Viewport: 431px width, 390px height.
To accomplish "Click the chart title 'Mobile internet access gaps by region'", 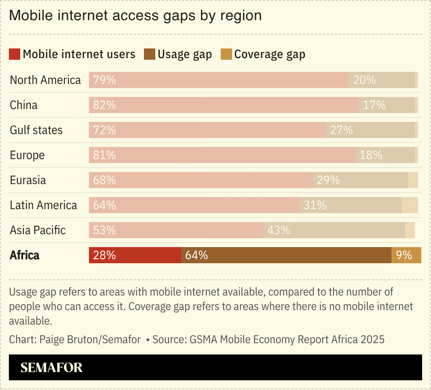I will [x=135, y=15].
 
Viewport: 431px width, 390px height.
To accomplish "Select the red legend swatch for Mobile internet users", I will [x=15, y=54].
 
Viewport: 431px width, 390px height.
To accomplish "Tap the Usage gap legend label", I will [x=184, y=54].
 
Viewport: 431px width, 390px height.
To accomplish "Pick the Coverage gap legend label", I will [x=270, y=54].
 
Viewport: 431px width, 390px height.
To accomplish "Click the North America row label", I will [x=45, y=80].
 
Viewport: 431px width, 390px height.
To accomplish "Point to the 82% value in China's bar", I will [x=104, y=105].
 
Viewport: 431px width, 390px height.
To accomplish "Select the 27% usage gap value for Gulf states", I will [x=341, y=130].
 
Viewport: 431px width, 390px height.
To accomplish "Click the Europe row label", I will [x=27, y=155].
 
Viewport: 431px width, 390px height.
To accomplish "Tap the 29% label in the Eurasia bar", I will [x=328, y=180].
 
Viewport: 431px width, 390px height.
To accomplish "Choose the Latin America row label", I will [x=43, y=205].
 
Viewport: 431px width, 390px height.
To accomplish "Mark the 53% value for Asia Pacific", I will [x=104, y=230].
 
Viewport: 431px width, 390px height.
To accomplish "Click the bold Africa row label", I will [x=25, y=255].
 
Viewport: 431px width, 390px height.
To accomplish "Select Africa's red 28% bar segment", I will [x=135, y=255].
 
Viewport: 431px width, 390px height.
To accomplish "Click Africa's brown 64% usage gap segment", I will [x=286, y=255].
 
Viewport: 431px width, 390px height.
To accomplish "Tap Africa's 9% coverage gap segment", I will [x=406, y=255].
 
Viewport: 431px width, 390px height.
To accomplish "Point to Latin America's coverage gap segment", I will [x=410, y=205].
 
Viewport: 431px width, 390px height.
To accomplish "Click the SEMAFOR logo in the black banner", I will [x=51, y=367].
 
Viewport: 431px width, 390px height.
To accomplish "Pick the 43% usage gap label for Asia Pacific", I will [x=279, y=230].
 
